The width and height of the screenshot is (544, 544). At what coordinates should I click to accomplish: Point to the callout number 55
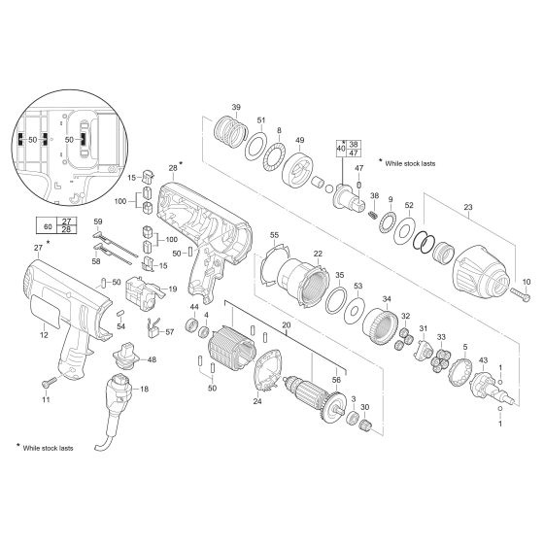274,236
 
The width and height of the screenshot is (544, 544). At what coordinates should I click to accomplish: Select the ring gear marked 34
389,322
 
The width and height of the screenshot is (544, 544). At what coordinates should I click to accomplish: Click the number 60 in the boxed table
48,226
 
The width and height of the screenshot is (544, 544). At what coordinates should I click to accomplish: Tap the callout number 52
409,205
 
